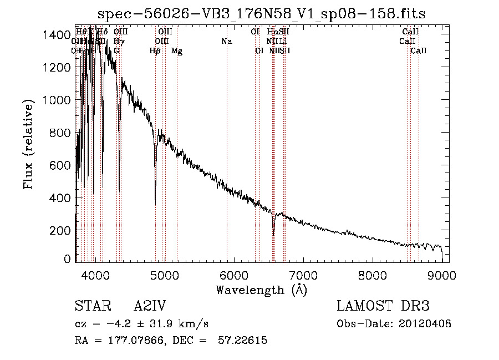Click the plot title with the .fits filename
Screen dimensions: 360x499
click(x=261, y=14)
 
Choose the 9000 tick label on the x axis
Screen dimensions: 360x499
click(x=441, y=273)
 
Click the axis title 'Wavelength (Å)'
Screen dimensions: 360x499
click(x=261, y=290)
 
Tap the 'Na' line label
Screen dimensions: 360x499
click(x=226, y=41)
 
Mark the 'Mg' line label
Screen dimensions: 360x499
click(x=177, y=51)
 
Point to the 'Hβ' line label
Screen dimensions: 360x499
click(x=155, y=51)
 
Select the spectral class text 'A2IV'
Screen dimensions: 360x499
click(x=150, y=307)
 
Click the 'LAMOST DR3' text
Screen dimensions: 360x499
click(x=383, y=307)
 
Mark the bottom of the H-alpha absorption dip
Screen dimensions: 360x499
click(x=273, y=235)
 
